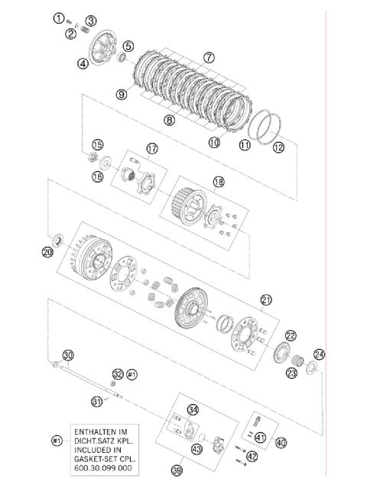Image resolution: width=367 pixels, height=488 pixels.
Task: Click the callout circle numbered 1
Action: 59,18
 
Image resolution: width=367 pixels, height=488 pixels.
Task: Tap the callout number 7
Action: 209,57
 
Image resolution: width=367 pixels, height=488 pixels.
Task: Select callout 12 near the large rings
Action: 278,147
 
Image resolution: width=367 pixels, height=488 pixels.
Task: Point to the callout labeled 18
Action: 219,182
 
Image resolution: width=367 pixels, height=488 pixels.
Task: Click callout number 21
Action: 266,300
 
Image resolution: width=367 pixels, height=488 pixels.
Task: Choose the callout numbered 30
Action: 68,355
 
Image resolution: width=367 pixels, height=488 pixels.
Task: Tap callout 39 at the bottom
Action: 177,470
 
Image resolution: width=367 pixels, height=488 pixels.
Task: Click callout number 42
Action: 252,457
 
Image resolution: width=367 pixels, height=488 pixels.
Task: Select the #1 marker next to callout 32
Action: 132,374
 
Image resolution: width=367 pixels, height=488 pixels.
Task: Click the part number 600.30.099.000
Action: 103,468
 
